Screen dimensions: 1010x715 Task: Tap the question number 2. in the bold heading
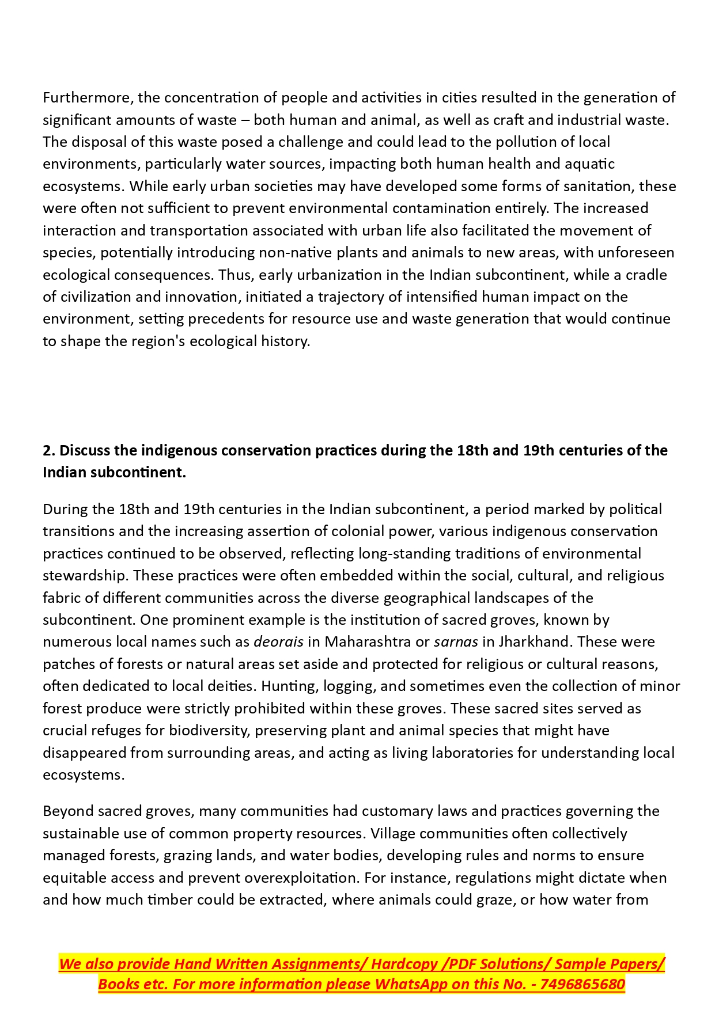(48, 450)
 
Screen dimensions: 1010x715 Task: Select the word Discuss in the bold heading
(85, 450)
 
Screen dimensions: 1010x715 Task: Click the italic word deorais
(278, 641)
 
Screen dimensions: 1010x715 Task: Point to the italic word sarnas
(456, 641)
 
